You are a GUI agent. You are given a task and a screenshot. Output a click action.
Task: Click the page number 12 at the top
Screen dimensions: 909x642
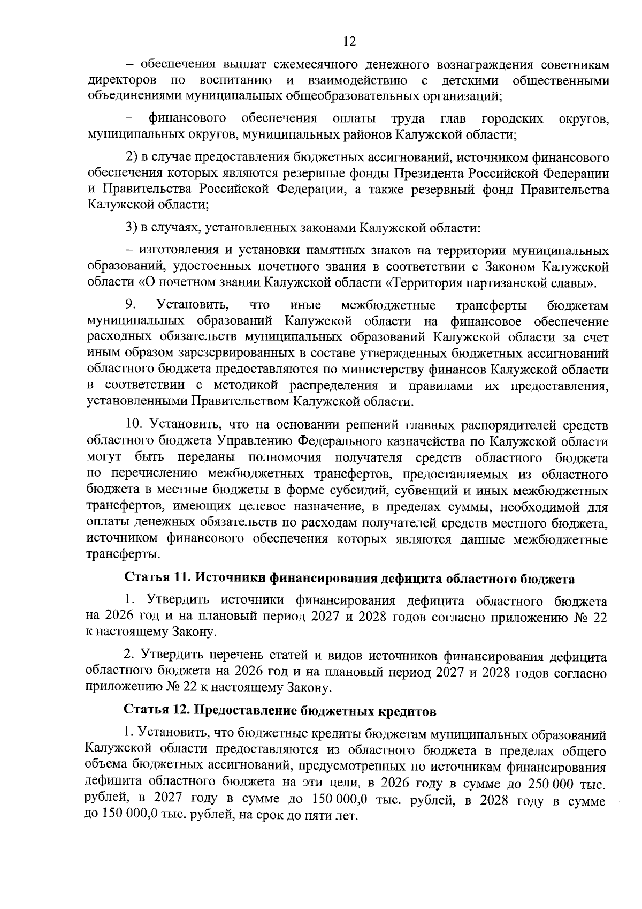(x=349, y=42)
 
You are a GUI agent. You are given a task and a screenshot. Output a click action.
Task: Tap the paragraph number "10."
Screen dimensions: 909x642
(x=135, y=425)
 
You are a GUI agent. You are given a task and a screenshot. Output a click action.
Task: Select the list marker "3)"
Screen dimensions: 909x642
(x=132, y=228)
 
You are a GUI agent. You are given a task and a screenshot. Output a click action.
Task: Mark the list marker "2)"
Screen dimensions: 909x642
(x=132, y=157)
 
